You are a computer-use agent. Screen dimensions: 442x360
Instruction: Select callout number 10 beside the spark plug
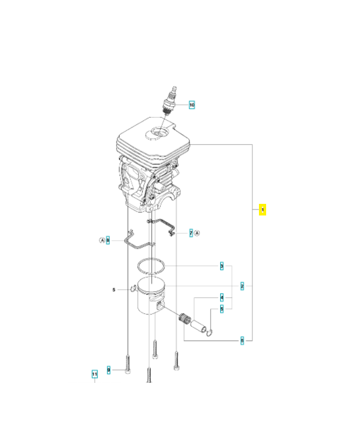pos(192,104)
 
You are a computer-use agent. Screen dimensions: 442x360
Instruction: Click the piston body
pos(152,301)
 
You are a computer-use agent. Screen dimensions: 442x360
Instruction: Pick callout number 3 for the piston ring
pos(222,266)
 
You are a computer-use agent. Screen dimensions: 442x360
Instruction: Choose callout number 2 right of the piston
pos(242,286)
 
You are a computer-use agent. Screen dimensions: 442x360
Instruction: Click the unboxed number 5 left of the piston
pos(114,289)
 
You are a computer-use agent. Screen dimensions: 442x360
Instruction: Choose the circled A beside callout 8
pos(102,240)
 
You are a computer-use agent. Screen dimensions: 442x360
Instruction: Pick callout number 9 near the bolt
pos(109,369)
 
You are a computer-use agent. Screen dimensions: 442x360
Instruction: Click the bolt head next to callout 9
pos(128,371)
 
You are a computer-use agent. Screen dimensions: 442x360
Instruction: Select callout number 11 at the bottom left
pos(94,373)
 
